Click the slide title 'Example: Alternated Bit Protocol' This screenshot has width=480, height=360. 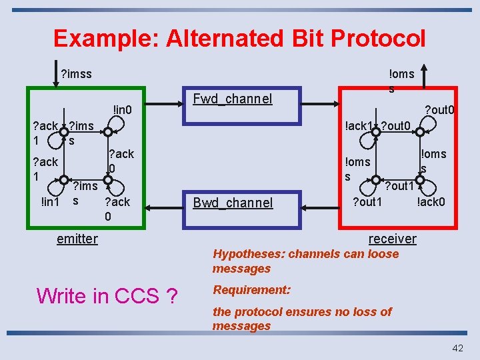coord(239,38)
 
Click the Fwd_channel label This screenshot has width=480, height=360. coord(232,99)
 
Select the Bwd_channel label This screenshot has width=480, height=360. coord(232,203)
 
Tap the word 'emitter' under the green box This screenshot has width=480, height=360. coord(77,239)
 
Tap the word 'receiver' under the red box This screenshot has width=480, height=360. coord(392,239)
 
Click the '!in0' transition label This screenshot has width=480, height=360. coord(123,109)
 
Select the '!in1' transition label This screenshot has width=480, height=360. coord(50,201)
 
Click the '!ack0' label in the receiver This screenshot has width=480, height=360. coord(431,201)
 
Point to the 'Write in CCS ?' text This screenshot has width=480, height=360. coord(107,295)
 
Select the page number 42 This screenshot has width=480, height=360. coord(457,347)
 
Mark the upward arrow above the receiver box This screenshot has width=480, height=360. coord(425,74)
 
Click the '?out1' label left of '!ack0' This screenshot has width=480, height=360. coord(367,201)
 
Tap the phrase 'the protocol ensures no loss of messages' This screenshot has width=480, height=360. coord(302,319)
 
